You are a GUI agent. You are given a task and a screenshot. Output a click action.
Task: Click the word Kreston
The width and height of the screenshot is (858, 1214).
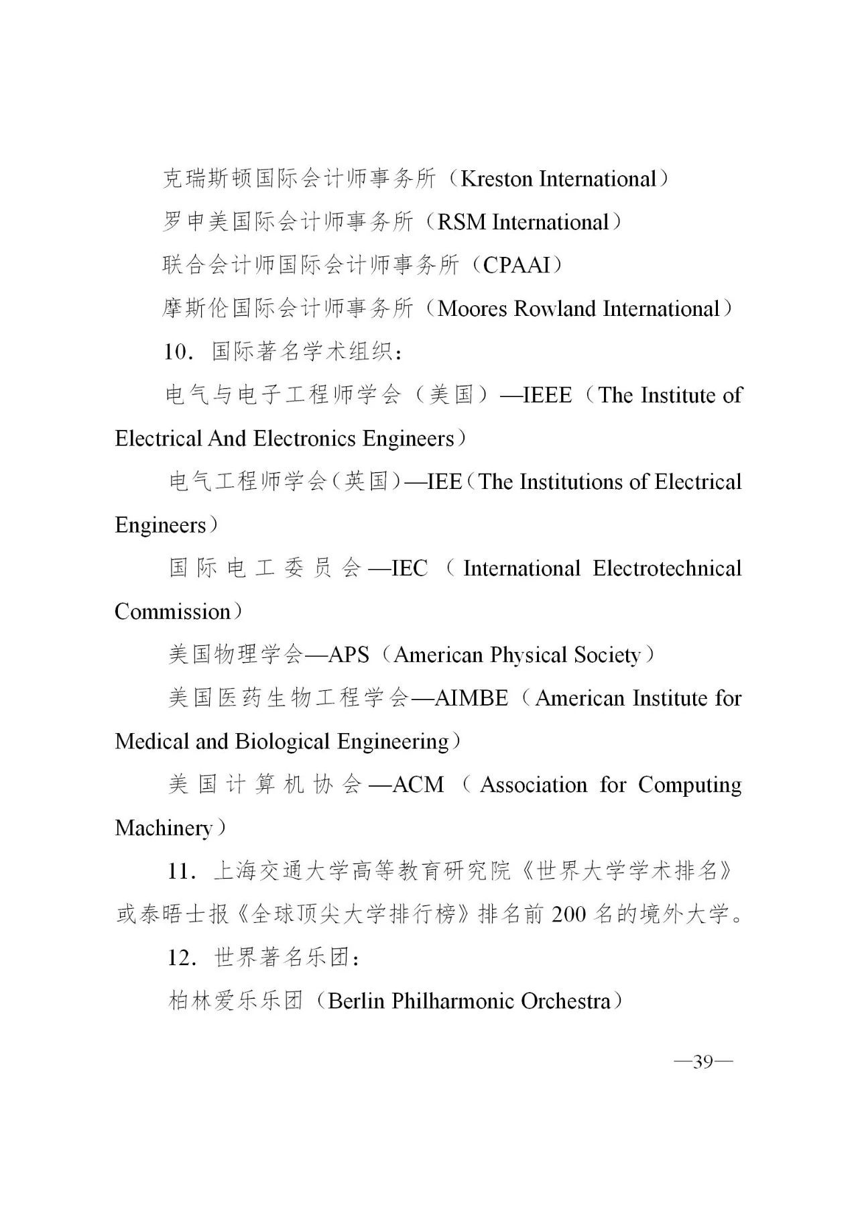(x=497, y=179)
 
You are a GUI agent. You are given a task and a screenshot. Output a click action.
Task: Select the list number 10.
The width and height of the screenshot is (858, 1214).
(x=178, y=352)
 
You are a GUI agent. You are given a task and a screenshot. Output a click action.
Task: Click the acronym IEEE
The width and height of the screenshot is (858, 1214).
(x=547, y=395)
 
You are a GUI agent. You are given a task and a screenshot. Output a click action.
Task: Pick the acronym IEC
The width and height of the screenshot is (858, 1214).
(x=409, y=569)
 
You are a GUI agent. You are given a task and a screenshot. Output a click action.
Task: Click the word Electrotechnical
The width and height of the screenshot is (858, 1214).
(x=667, y=569)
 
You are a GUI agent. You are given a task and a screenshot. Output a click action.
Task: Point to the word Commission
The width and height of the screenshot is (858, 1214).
(x=172, y=612)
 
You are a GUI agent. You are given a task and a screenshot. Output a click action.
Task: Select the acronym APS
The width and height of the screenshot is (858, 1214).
(x=349, y=655)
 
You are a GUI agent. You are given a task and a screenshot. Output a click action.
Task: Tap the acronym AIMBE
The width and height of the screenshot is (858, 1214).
(x=471, y=698)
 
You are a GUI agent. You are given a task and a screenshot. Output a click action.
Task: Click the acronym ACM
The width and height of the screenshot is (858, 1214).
(x=418, y=785)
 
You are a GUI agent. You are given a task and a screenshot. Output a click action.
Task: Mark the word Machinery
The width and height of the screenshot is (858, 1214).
(x=163, y=828)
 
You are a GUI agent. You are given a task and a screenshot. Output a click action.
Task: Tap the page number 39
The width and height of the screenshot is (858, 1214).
(x=702, y=1062)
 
